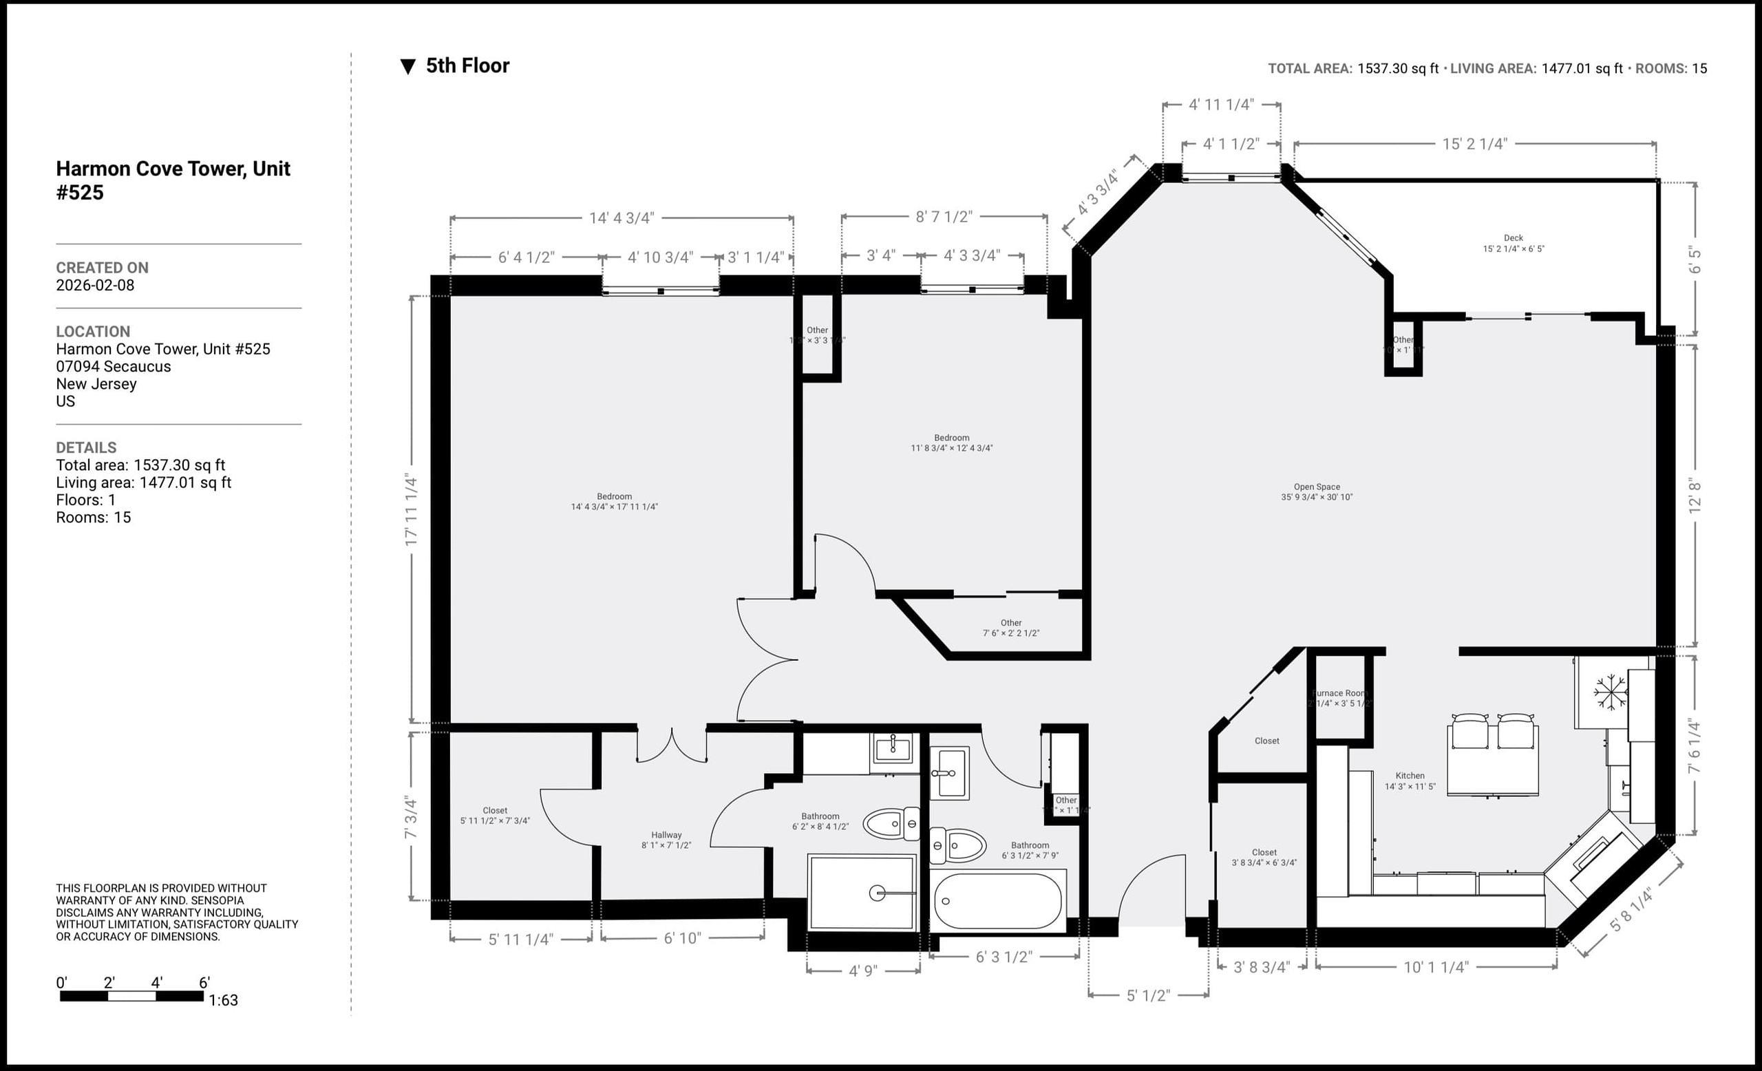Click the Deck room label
(x=1513, y=243)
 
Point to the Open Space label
(x=1317, y=492)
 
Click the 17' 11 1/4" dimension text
(x=410, y=510)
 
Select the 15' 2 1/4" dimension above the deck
(x=1474, y=144)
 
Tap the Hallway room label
(x=666, y=839)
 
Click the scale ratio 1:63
(x=223, y=1000)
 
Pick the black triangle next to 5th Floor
(x=407, y=67)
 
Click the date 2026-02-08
(x=95, y=285)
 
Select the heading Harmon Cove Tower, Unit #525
(x=172, y=180)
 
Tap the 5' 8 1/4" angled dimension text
(x=1631, y=910)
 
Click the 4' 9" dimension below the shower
(x=862, y=971)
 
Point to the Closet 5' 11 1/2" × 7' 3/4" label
(x=495, y=816)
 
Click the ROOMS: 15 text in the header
(x=1671, y=69)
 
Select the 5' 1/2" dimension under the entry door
(x=1148, y=995)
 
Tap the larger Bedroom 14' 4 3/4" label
(x=614, y=501)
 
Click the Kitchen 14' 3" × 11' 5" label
(x=1410, y=781)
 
